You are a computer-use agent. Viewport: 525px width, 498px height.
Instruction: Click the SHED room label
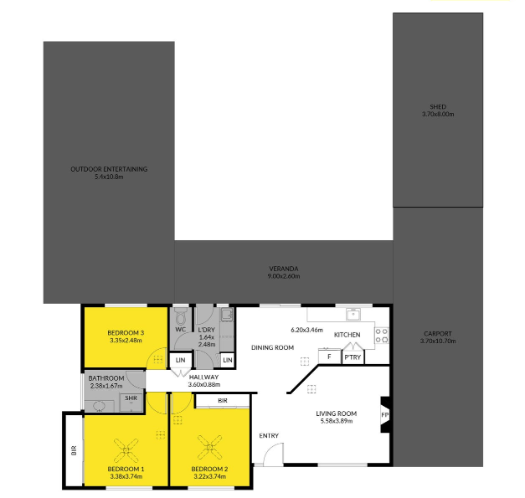[x=438, y=107]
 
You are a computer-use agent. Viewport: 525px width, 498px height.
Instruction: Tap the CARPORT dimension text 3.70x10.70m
[x=438, y=341]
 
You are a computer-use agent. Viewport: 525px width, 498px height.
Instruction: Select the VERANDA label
[x=284, y=269]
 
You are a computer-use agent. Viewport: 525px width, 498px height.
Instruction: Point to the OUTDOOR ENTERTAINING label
[x=109, y=169]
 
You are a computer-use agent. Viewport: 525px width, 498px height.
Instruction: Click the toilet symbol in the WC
[x=181, y=316]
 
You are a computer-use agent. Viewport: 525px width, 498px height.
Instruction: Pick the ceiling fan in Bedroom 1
[x=126, y=450]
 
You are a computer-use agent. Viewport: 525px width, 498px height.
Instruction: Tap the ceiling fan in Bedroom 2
[x=209, y=447]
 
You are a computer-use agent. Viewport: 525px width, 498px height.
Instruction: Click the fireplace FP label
[x=384, y=415]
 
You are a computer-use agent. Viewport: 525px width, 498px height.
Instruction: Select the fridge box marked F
[x=329, y=357]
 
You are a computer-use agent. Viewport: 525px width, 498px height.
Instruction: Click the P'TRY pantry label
[x=353, y=357]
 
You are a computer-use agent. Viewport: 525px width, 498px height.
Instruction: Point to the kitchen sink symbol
[x=353, y=315]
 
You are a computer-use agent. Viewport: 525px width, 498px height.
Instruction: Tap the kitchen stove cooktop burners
[x=381, y=336]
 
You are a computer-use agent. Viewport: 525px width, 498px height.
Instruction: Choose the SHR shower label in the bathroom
[x=131, y=398]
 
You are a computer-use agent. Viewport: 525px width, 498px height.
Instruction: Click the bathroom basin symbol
[x=99, y=406]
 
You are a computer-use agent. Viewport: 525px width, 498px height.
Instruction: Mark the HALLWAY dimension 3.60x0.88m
[x=204, y=384]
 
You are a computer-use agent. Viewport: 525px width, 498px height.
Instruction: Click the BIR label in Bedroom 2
[x=223, y=401]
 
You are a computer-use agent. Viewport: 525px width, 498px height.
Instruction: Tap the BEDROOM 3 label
[x=126, y=332]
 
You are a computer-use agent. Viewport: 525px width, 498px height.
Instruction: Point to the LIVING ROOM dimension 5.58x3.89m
[x=336, y=421]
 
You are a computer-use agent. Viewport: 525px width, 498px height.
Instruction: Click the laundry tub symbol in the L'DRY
[x=227, y=315]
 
